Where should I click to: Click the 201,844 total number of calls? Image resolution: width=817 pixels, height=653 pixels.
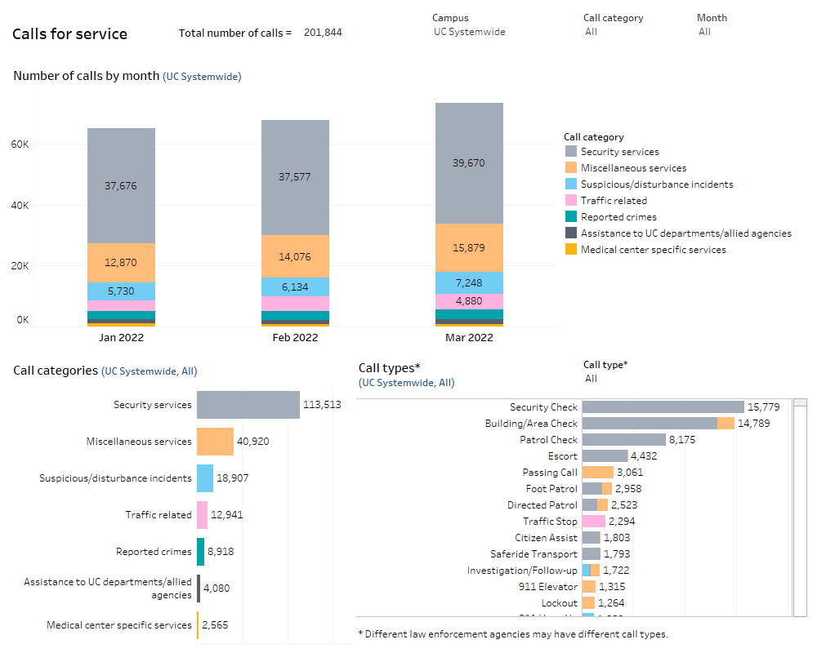322,33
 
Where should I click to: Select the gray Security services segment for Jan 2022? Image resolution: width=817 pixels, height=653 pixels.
121,186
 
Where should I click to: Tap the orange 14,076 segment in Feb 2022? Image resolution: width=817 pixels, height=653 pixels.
295,256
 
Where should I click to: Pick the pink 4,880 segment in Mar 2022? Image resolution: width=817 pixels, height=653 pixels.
469,301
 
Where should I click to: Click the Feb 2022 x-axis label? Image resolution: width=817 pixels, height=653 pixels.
295,337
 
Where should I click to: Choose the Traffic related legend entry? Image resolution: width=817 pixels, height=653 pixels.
613,201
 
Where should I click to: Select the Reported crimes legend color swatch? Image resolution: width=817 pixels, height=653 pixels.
570,217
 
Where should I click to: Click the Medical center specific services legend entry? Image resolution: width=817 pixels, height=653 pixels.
653,250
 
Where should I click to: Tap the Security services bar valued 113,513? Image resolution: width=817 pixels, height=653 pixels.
248,405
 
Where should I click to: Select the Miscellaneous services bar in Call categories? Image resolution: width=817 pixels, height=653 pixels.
215,442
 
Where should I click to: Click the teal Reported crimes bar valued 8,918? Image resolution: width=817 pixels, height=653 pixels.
200,552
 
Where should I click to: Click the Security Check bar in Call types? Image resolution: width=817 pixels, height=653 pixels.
663,407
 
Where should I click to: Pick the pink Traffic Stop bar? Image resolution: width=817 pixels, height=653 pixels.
593,522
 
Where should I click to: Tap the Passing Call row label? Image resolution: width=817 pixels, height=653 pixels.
550,473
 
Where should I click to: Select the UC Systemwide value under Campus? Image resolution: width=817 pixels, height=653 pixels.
469,32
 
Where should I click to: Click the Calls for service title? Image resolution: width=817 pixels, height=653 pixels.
69,34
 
